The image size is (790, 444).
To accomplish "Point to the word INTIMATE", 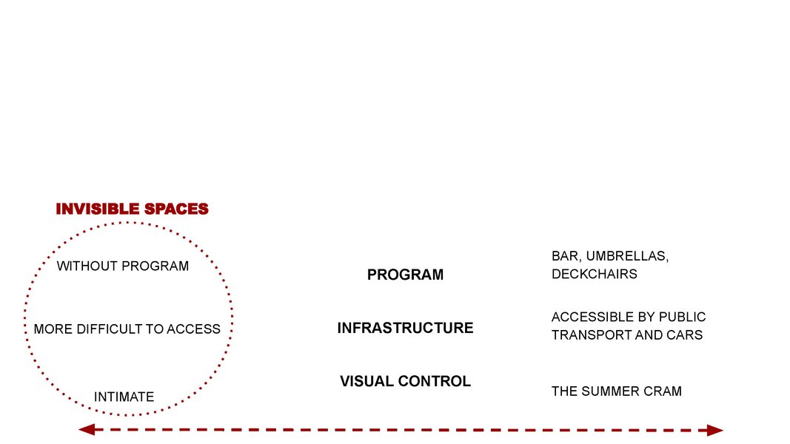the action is click(x=124, y=397).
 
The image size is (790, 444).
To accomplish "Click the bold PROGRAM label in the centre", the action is click(x=405, y=275).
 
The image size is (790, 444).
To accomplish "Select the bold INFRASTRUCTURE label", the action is click(x=405, y=329).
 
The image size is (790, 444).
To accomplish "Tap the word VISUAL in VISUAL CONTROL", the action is click(x=366, y=382).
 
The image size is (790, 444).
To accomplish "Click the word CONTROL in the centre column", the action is click(x=435, y=382).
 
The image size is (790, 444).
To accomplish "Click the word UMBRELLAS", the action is click(x=627, y=256).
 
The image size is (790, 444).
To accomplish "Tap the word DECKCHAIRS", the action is click(x=595, y=275).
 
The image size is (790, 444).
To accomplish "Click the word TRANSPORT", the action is click(x=585, y=335).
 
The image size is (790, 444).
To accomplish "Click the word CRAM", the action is click(x=660, y=391).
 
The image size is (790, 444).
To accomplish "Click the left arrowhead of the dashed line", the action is click(x=87, y=429).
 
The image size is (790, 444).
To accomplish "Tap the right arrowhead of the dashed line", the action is click(x=715, y=431).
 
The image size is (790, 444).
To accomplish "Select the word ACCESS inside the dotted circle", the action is click(x=193, y=329).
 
